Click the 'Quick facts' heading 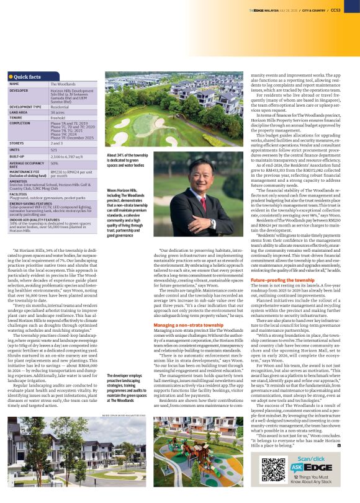pos(28,76)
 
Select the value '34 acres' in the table pos(58,112)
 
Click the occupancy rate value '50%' pos(55,162)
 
